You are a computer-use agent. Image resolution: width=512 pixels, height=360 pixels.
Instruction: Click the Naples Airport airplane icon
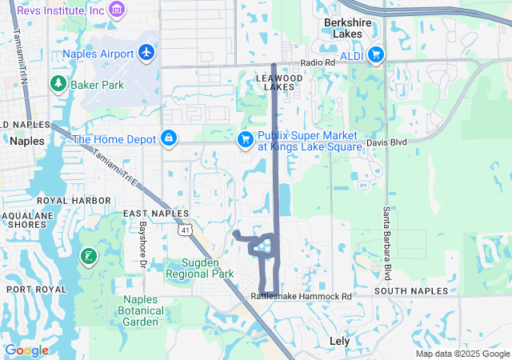coord(146,52)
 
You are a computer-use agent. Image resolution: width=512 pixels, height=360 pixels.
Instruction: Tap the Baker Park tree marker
coord(58,83)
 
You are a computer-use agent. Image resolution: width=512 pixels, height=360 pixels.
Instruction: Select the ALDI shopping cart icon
coord(375,54)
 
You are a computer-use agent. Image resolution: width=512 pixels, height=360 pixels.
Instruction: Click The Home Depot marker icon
coord(169,139)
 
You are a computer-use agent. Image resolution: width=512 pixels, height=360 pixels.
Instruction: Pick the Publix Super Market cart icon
coord(246,140)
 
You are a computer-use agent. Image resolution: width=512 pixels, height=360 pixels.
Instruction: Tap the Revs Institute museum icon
coord(118,9)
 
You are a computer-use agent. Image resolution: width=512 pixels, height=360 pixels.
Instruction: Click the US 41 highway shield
coord(185,230)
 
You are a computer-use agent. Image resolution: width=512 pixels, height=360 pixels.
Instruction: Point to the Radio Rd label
coord(317,63)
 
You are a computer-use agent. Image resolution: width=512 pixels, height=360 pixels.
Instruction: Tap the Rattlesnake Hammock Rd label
coord(301,296)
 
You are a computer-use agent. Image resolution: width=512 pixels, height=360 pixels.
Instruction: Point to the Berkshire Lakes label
coord(348,29)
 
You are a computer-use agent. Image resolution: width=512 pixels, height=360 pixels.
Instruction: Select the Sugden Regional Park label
coord(199,268)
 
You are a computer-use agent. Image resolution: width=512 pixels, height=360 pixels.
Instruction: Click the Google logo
coord(26,350)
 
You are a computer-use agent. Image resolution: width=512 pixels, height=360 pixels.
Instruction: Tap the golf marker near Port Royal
coord(88,257)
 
